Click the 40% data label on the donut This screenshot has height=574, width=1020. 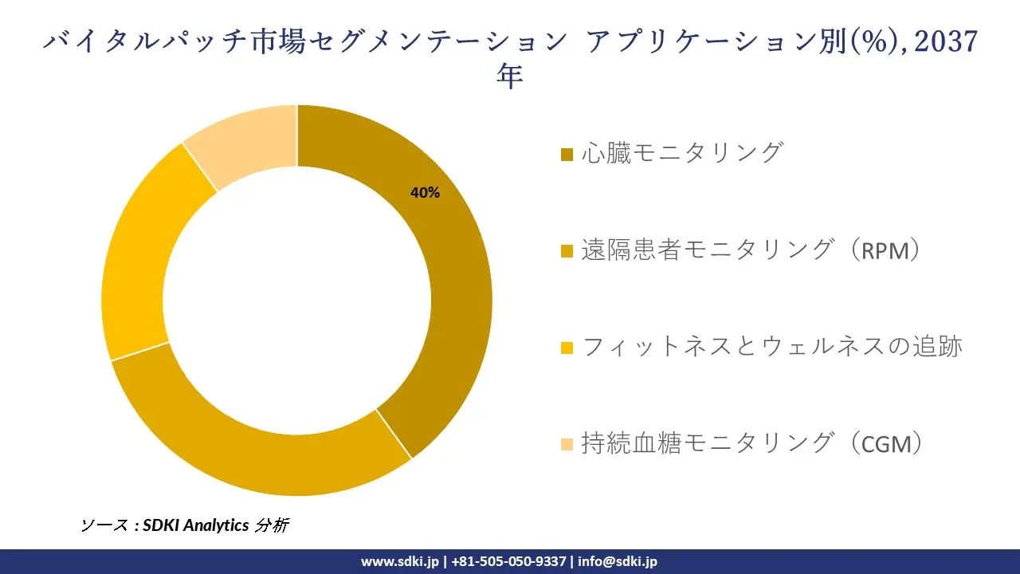(425, 193)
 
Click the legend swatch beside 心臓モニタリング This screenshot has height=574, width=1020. (567, 155)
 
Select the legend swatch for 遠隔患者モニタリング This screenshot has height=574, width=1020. (567, 251)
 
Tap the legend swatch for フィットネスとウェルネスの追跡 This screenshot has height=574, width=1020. (567, 348)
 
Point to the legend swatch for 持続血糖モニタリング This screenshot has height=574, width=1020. (567, 445)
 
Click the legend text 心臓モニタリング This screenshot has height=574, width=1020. (683, 152)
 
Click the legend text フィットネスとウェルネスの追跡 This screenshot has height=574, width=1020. (772, 347)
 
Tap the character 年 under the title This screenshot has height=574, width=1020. (509, 76)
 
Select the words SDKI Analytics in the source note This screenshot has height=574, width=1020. (196, 525)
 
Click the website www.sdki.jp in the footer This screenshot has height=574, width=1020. (400, 562)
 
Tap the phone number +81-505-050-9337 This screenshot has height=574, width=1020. (508, 562)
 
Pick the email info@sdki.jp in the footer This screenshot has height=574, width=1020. (618, 562)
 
